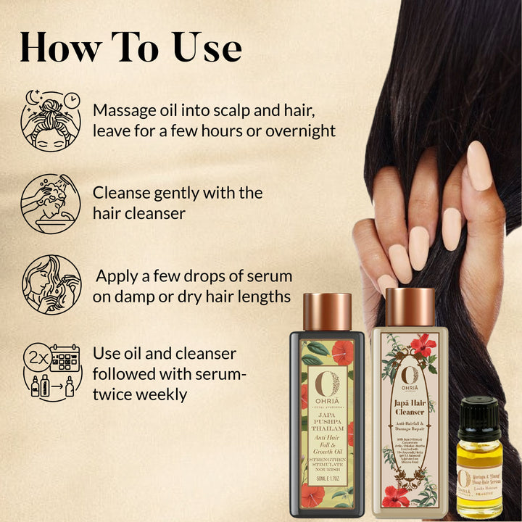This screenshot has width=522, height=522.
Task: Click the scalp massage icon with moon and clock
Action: [x=51, y=120]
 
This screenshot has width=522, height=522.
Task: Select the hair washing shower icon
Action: [x=51, y=202]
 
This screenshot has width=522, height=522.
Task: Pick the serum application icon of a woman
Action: [x=51, y=284]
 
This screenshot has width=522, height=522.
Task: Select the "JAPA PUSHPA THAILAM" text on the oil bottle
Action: [x=327, y=418]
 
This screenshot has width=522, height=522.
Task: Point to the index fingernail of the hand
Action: [x=479, y=165]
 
